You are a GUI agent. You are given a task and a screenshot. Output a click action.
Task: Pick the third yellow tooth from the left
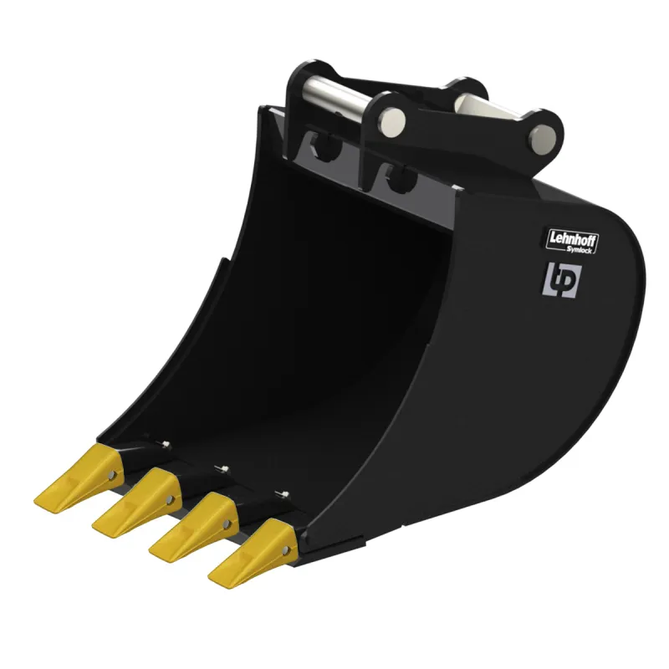click(194, 527)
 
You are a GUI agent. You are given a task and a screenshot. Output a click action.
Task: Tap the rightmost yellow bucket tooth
click(253, 553)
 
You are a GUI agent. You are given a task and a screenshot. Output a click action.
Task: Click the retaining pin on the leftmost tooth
click(111, 474)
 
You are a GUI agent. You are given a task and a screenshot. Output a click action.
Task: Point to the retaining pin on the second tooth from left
click(170, 498)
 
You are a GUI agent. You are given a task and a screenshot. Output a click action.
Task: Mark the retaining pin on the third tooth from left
click(226, 523)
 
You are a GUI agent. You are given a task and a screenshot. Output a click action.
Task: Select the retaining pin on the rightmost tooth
click(284, 550)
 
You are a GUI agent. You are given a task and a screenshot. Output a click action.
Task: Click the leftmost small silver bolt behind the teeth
click(166, 444)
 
